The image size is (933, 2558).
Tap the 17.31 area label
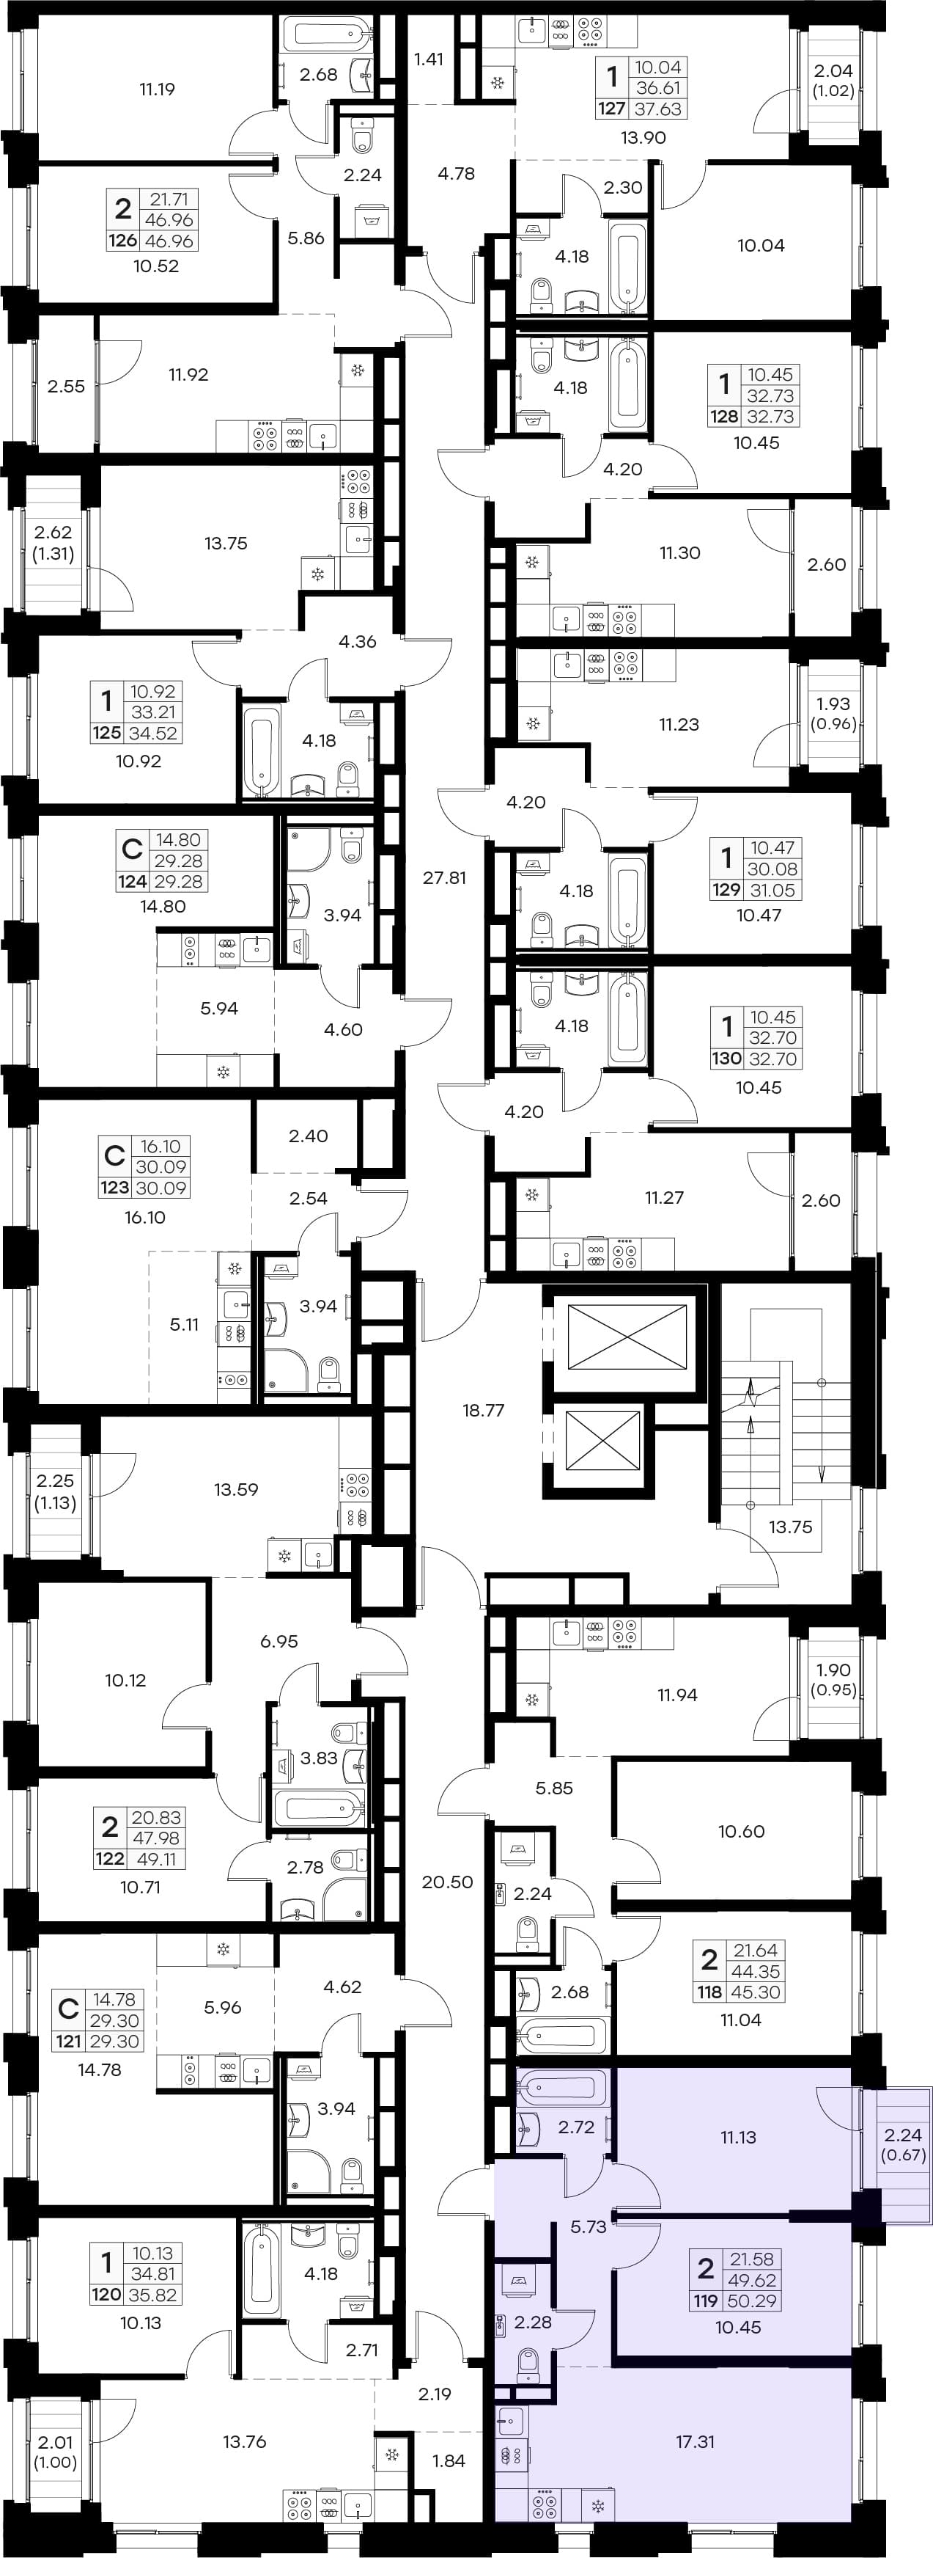695,2442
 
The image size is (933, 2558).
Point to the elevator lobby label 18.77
484,1410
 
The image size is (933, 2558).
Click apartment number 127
611,109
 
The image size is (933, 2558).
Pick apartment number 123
114,1188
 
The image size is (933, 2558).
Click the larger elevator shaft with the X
627,1340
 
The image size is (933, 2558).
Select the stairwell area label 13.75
790,1527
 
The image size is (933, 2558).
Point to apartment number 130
726,1059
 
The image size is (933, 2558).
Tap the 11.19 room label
157,89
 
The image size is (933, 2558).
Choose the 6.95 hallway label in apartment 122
279,1642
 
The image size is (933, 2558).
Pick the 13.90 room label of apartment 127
643,138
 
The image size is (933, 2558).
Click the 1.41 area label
428,59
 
